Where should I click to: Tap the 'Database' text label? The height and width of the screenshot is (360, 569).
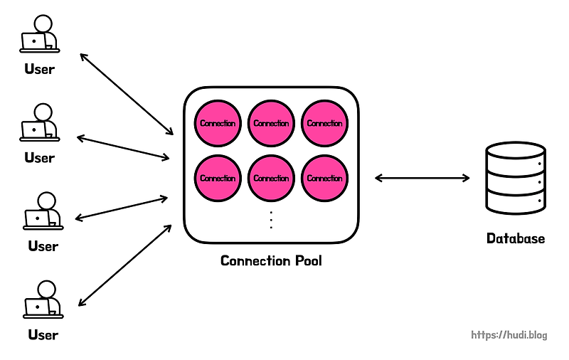(x=516, y=238)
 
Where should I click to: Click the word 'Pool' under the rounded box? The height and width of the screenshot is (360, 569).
(x=307, y=261)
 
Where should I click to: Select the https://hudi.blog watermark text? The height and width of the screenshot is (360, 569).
(x=510, y=334)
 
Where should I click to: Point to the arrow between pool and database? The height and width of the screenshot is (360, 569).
(x=422, y=178)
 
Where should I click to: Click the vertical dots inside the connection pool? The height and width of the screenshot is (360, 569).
(x=271, y=220)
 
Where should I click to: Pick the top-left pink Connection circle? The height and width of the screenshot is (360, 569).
(x=218, y=123)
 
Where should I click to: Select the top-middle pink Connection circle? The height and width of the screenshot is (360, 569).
(x=271, y=123)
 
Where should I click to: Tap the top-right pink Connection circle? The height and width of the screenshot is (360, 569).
(x=324, y=123)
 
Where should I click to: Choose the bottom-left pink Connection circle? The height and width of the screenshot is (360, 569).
(x=218, y=178)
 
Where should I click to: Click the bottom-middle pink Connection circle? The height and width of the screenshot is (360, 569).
(x=271, y=178)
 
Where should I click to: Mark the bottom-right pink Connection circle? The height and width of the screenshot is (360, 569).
(x=324, y=178)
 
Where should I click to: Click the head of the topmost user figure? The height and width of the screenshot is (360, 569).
(x=44, y=23)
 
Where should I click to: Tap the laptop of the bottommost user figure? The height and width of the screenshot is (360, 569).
(x=37, y=307)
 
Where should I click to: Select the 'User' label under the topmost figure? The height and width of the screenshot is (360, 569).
(x=39, y=69)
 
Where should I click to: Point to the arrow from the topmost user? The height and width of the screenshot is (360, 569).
(x=127, y=93)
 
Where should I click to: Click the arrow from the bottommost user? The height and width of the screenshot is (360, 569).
(x=125, y=265)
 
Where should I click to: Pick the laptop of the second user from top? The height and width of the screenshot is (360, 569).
(x=33, y=129)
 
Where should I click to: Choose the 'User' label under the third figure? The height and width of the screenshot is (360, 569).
(x=43, y=246)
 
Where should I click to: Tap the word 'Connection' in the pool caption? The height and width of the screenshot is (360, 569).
(x=255, y=261)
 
